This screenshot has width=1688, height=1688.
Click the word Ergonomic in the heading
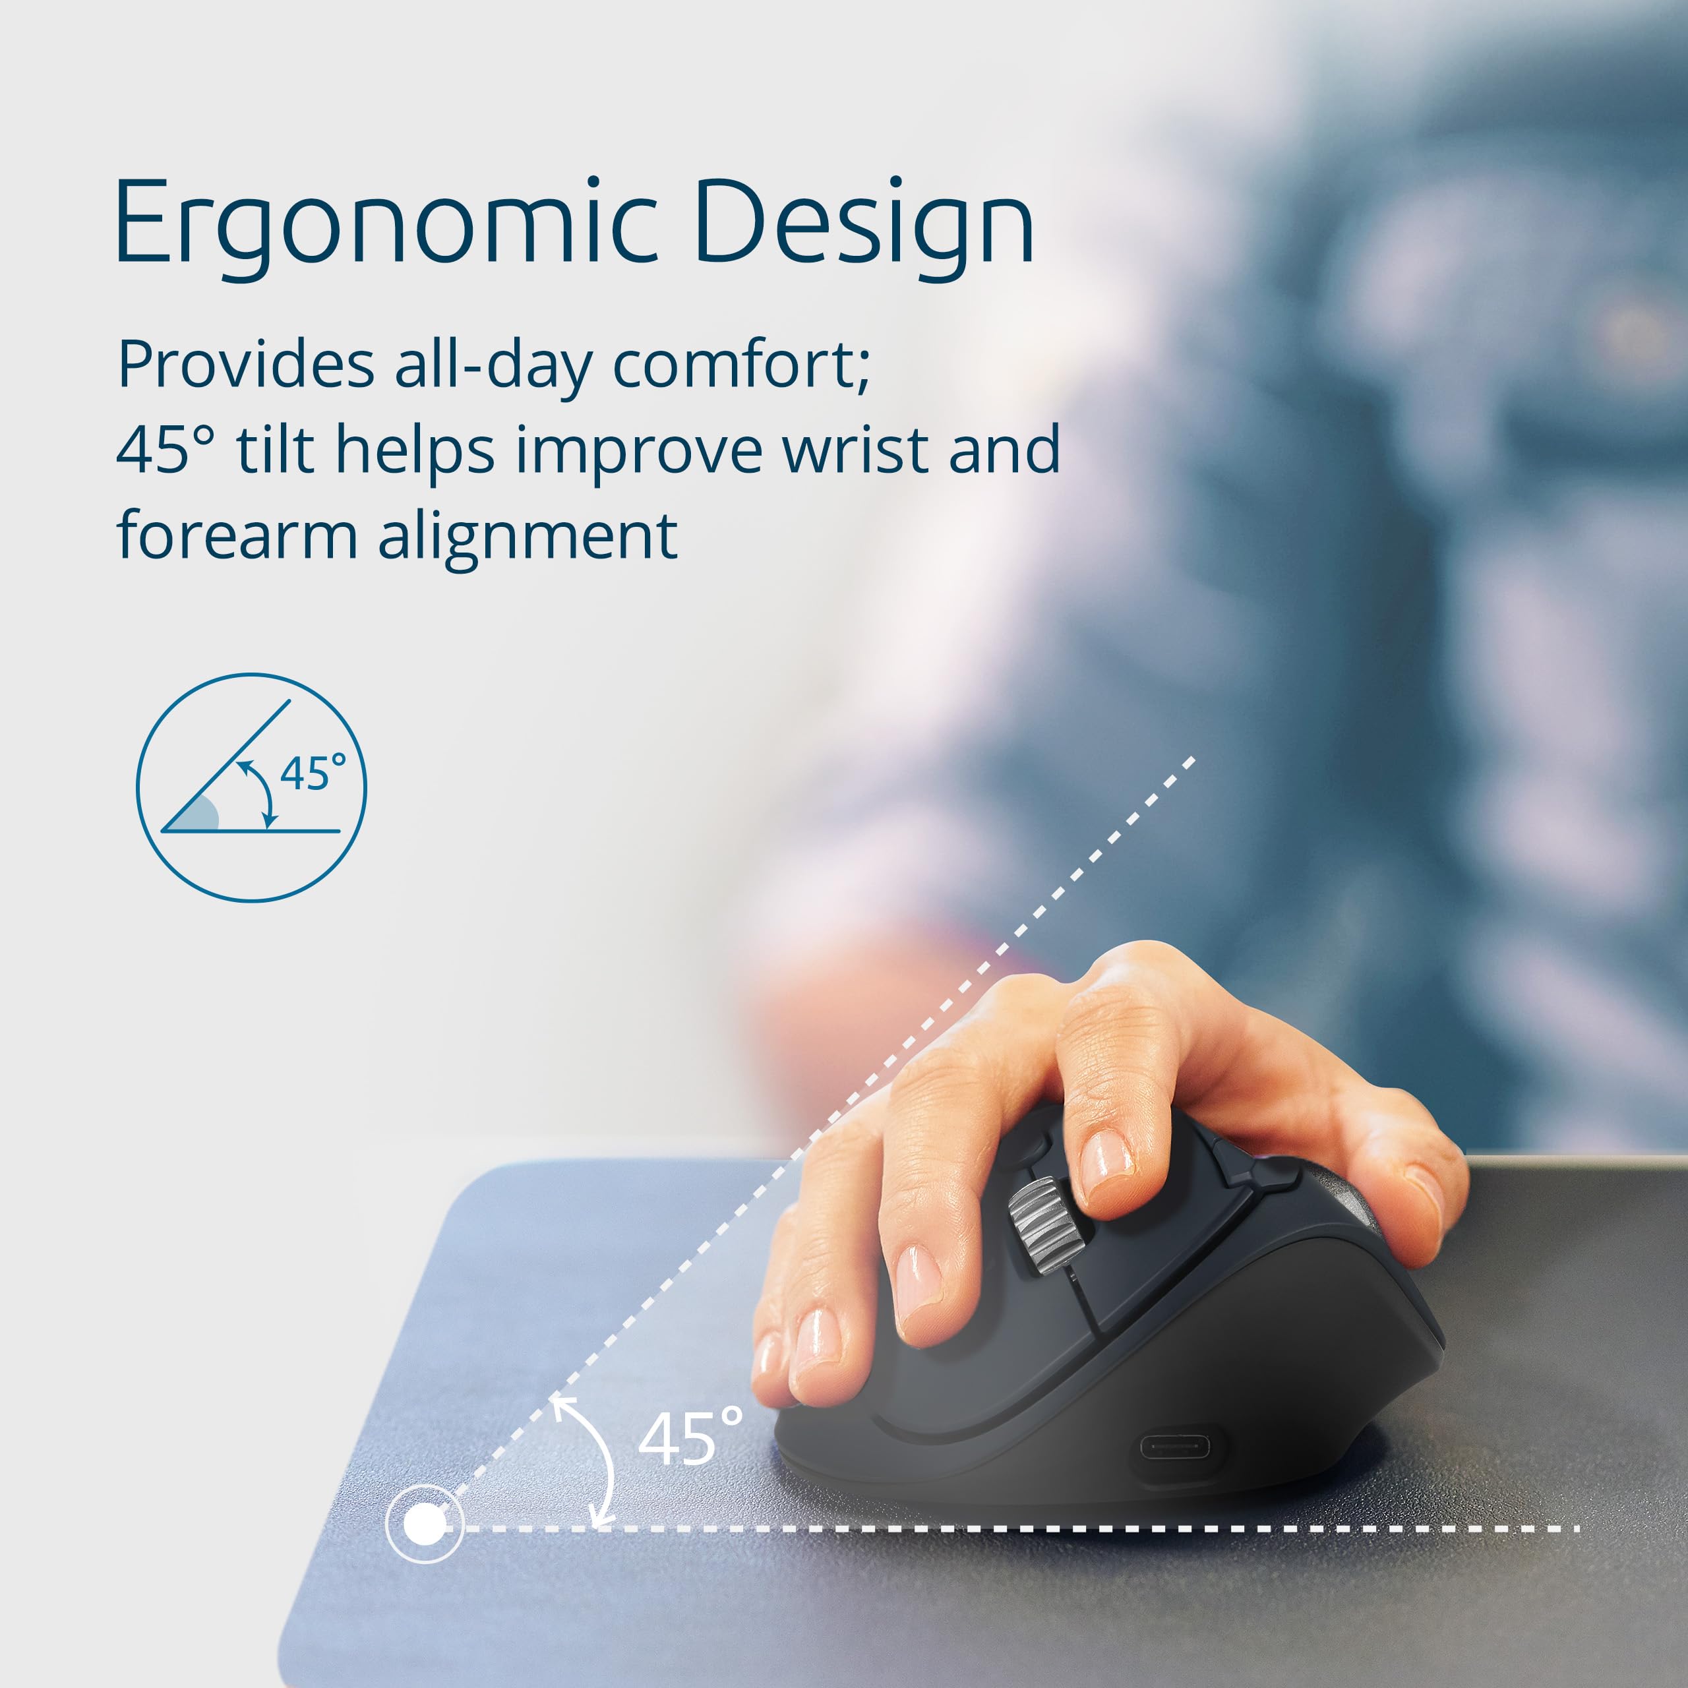click(384, 223)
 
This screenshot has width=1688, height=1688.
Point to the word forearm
click(237, 534)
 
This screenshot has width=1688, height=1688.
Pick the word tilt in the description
click(274, 450)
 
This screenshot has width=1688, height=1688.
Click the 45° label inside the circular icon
click(312, 773)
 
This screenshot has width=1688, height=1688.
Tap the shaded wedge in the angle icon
click(197, 814)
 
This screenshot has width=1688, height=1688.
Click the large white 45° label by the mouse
click(690, 1438)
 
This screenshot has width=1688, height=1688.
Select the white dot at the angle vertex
click(425, 1526)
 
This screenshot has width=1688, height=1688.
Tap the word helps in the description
click(415, 450)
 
